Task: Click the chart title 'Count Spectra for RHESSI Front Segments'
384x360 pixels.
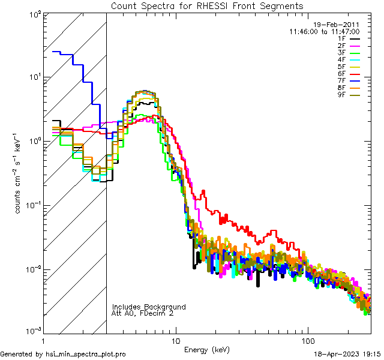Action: coord(207,6)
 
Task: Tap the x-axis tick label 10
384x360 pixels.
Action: coord(175,340)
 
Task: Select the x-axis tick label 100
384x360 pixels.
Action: coord(308,340)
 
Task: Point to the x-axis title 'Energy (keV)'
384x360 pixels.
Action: coord(207,349)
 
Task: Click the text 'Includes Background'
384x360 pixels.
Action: coord(149,307)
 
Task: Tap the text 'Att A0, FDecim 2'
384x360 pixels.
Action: coord(142,313)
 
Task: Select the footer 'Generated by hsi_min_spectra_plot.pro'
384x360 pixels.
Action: coord(63,355)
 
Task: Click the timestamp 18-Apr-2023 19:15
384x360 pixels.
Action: coord(346,355)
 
